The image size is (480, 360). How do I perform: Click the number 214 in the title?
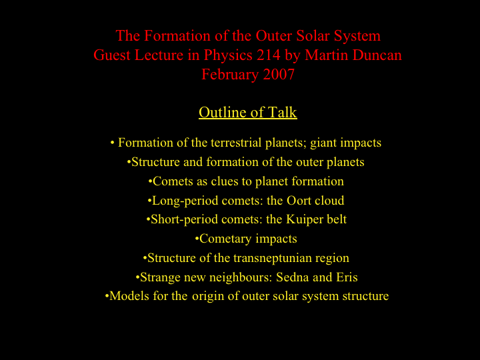tap(269, 55)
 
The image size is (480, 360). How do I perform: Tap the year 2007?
tap(279, 75)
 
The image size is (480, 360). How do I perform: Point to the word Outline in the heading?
tap(220, 112)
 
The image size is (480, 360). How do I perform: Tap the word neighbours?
tap(241, 278)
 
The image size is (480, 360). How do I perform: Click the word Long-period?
tap(185, 201)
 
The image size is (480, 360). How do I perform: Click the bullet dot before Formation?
tap(113, 143)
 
